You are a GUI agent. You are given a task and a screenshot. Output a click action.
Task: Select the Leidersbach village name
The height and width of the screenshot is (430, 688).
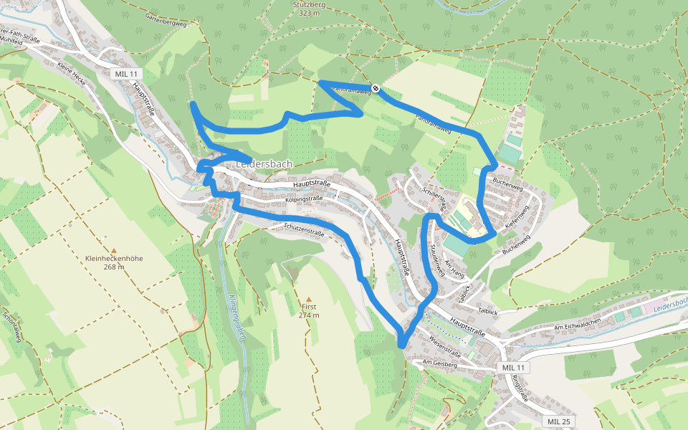[x=264, y=164]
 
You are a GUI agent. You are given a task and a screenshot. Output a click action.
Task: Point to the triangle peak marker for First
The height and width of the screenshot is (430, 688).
[x=310, y=300]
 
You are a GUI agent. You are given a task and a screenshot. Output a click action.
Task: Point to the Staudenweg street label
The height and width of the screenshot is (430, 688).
[x=438, y=255]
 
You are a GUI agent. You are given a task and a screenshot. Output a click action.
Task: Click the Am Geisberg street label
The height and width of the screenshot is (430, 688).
[x=439, y=364]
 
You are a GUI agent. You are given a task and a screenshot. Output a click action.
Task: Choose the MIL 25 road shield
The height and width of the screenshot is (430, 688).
[x=558, y=421]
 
